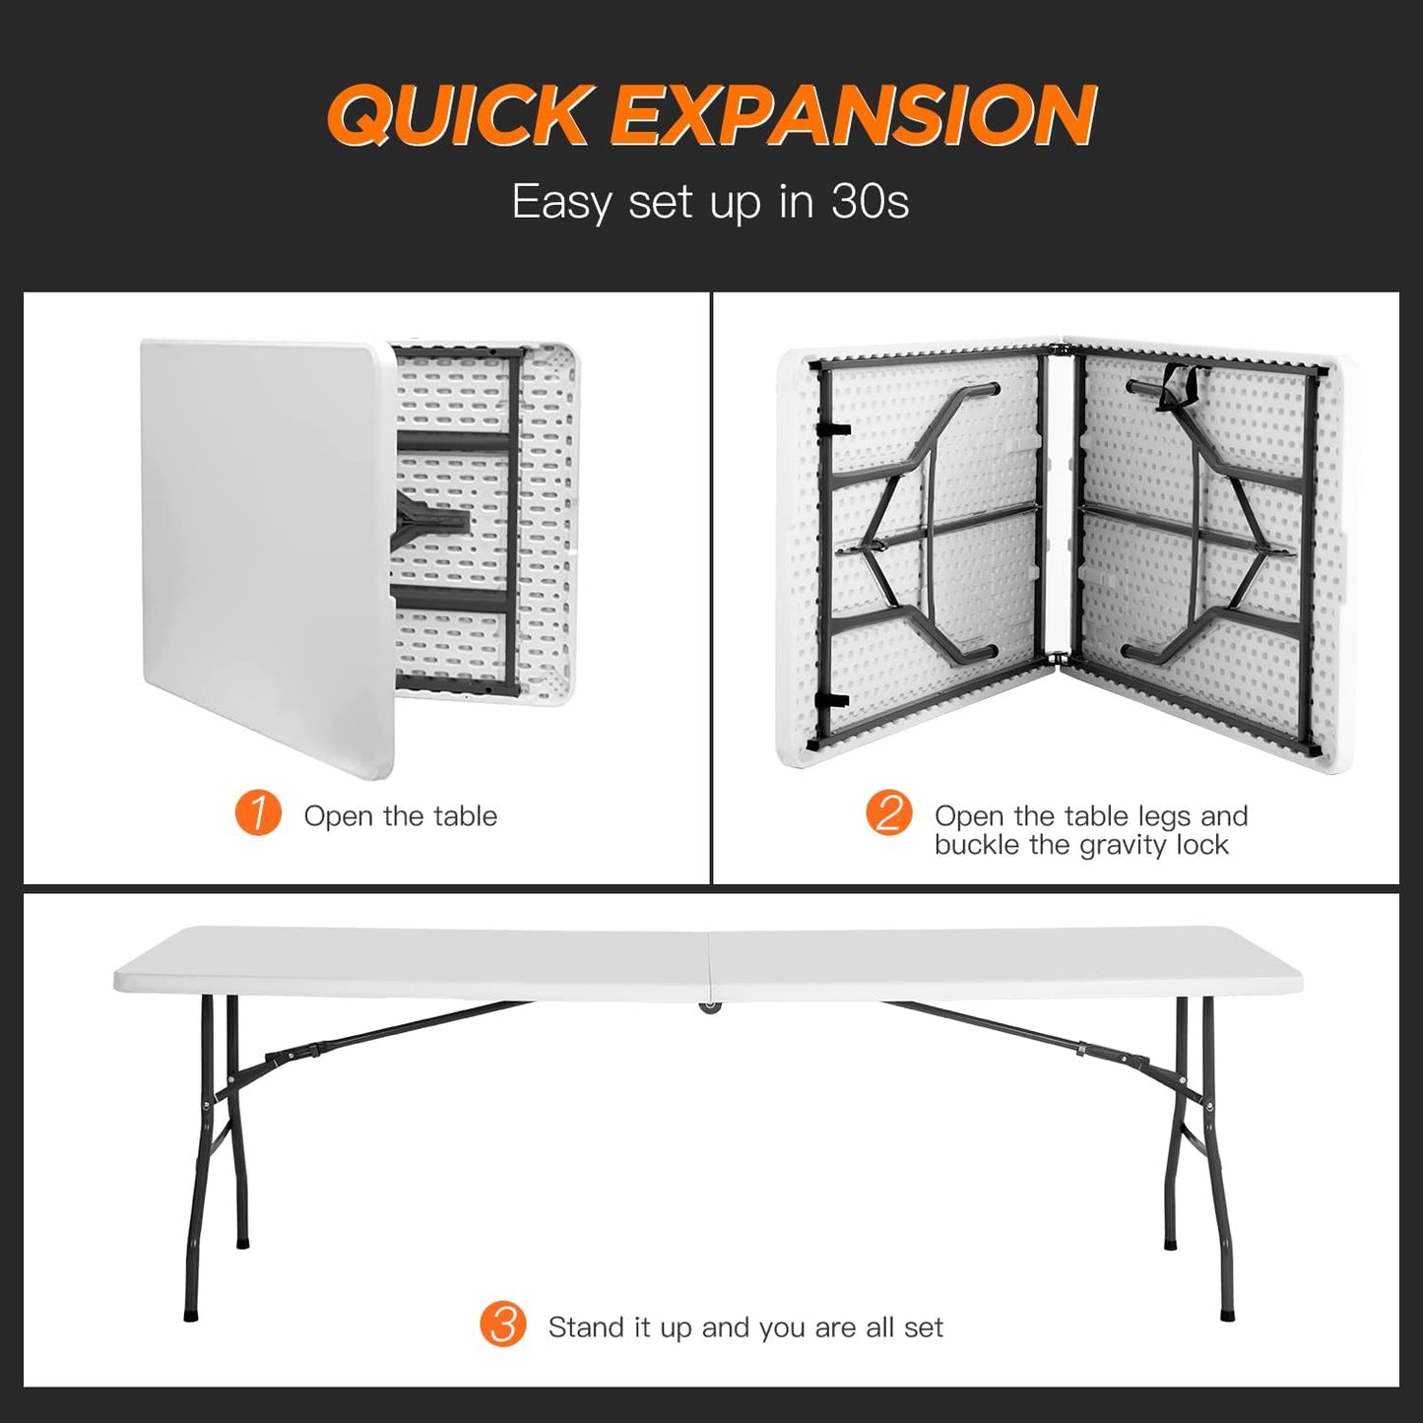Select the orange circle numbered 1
(258, 815)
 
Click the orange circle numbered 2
(888, 815)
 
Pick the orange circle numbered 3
(503, 1326)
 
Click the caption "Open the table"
(400, 816)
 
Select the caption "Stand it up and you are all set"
(745, 1327)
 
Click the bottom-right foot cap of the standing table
(1227, 1312)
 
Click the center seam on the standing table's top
(709, 960)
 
